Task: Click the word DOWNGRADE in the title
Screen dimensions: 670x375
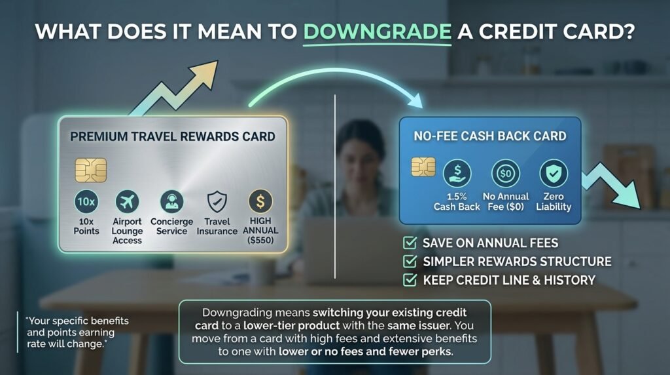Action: pyautogui.click(x=378, y=31)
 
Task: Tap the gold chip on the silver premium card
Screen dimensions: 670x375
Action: pyautogui.click(x=90, y=170)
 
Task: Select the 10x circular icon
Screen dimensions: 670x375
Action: pyautogui.click(x=86, y=201)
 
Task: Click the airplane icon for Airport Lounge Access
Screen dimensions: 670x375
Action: pyautogui.click(x=127, y=201)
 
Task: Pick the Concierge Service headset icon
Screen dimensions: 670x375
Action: pyautogui.click(x=172, y=201)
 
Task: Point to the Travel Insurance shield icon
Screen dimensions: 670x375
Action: pyautogui.click(x=217, y=201)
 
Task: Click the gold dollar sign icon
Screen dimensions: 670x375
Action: pyautogui.click(x=260, y=201)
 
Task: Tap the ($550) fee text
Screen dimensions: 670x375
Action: pyautogui.click(x=260, y=240)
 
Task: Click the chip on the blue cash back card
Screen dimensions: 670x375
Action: pyautogui.click(x=423, y=167)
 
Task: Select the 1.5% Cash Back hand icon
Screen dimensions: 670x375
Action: pyautogui.click(x=457, y=173)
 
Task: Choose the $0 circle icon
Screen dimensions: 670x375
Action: pyautogui.click(x=506, y=173)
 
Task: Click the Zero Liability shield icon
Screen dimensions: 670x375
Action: pyautogui.click(x=554, y=173)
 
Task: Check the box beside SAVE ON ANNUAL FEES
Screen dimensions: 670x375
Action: pyautogui.click(x=410, y=243)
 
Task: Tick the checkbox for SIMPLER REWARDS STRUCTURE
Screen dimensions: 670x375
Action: pyautogui.click(x=410, y=261)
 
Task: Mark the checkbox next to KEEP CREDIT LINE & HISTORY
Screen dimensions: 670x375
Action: pyautogui.click(x=410, y=280)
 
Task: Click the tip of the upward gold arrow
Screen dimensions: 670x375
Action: pyautogui.click(x=217, y=61)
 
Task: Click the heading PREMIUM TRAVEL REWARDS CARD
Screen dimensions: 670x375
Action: pyautogui.click(x=173, y=136)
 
